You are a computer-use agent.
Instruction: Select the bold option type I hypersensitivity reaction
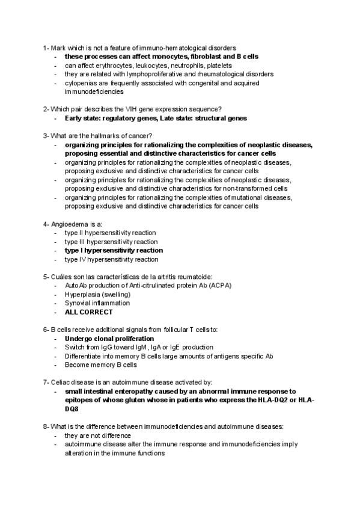[x=114, y=250]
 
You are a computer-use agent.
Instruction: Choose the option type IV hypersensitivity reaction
[x=111, y=259]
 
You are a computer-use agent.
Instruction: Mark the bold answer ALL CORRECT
[x=88, y=312]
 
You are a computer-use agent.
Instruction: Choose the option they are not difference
[x=97, y=435]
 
